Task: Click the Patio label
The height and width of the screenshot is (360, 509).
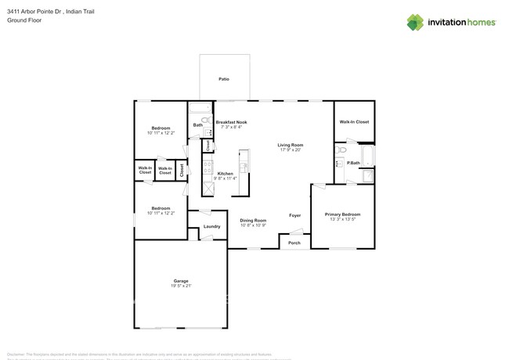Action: point(224,79)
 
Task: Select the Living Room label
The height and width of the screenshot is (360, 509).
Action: point(291,145)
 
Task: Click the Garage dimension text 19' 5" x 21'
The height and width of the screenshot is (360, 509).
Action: point(180,286)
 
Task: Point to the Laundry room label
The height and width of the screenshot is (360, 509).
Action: point(211,226)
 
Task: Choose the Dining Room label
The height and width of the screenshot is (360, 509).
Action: point(253,220)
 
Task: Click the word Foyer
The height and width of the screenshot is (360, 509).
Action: point(294,215)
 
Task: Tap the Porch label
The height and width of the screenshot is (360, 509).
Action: point(294,243)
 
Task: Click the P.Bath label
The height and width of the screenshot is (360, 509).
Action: point(354,163)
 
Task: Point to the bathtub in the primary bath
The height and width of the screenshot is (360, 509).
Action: point(368,155)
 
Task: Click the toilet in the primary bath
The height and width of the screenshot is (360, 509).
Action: point(341,149)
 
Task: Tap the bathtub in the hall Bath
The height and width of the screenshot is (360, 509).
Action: point(199,108)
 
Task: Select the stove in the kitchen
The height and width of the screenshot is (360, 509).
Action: point(208,166)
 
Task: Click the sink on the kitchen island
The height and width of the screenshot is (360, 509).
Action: point(244,167)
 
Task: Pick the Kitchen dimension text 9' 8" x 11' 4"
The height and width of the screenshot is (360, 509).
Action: point(225,178)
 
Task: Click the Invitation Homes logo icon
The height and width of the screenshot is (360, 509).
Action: point(415,23)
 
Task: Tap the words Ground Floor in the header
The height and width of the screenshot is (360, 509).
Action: point(23,20)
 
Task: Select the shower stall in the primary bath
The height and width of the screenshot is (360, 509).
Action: point(368,175)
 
